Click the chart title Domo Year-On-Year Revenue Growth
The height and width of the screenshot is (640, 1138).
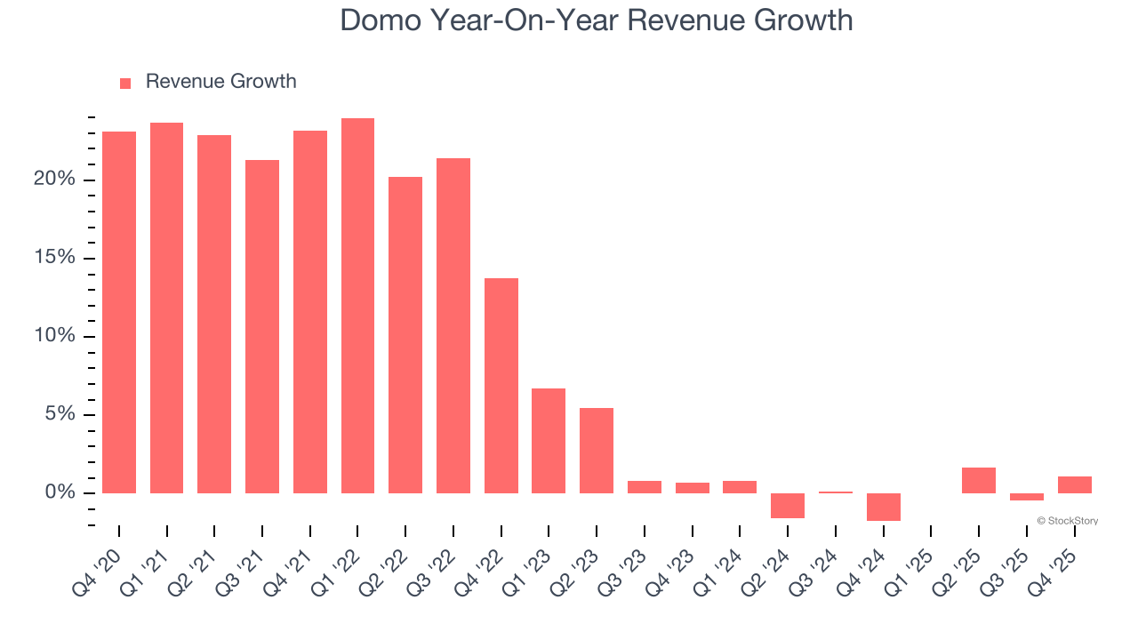[596, 20]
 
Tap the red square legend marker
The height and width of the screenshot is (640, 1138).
[125, 83]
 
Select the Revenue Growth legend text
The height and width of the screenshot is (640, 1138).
[220, 82]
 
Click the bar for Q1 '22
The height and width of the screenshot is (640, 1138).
[357, 306]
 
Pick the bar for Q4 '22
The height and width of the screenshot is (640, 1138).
[501, 386]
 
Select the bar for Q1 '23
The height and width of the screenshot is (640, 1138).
[549, 441]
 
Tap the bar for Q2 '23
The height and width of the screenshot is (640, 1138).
[597, 451]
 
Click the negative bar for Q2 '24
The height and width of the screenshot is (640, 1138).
[788, 505]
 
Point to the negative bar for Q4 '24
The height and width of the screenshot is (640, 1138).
[883, 507]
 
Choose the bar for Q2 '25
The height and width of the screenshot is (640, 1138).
[979, 480]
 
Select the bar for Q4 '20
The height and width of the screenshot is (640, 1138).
[119, 312]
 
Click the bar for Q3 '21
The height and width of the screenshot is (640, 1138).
[262, 326]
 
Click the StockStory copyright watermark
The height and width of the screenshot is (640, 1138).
[1067, 521]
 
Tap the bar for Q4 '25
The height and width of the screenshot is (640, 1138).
[1074, 484]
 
